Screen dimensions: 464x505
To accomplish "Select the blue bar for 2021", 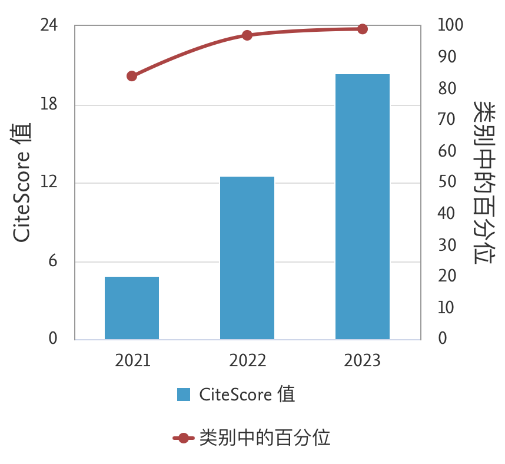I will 132,308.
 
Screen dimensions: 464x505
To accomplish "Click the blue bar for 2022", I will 247,258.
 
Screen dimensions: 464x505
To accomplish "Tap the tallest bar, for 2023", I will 363,207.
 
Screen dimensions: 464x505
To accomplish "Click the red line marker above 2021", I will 132,76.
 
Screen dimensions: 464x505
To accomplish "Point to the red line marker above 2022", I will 247,35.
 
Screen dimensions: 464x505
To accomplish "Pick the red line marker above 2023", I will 363,29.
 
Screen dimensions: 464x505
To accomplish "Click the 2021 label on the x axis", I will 133,360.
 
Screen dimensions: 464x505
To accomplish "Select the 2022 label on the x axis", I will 248,360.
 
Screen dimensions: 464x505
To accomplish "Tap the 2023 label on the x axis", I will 363,360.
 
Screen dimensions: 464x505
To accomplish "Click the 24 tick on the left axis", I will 49,25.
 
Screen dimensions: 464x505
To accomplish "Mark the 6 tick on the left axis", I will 53,261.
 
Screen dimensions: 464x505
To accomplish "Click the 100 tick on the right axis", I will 451,25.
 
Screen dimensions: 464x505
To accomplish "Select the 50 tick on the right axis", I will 447,182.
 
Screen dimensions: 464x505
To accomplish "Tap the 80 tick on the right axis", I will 447,88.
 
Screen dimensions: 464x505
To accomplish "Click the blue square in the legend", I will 184,395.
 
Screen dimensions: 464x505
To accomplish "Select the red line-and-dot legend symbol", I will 183,438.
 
